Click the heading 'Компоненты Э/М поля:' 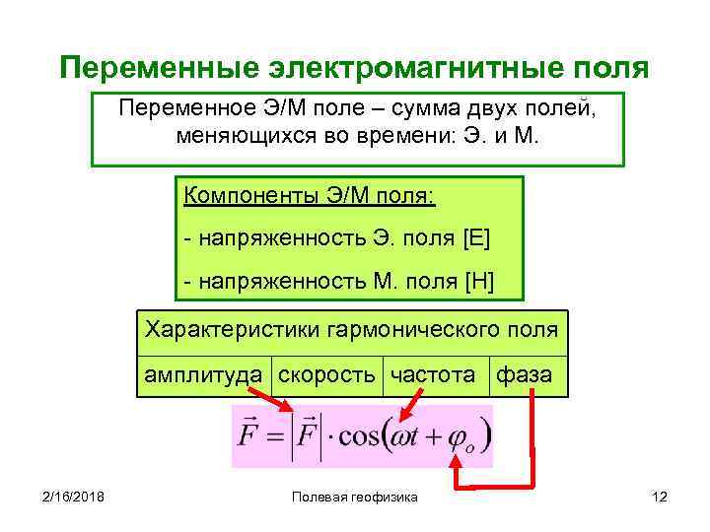[x=309, y=194]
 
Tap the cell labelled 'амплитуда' [x=203, y=374]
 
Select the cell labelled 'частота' [x=433, y=374]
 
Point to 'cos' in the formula [x=360, y=434]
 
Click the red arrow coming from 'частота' [x=411, y=405]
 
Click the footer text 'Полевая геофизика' [x=355, y=498]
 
